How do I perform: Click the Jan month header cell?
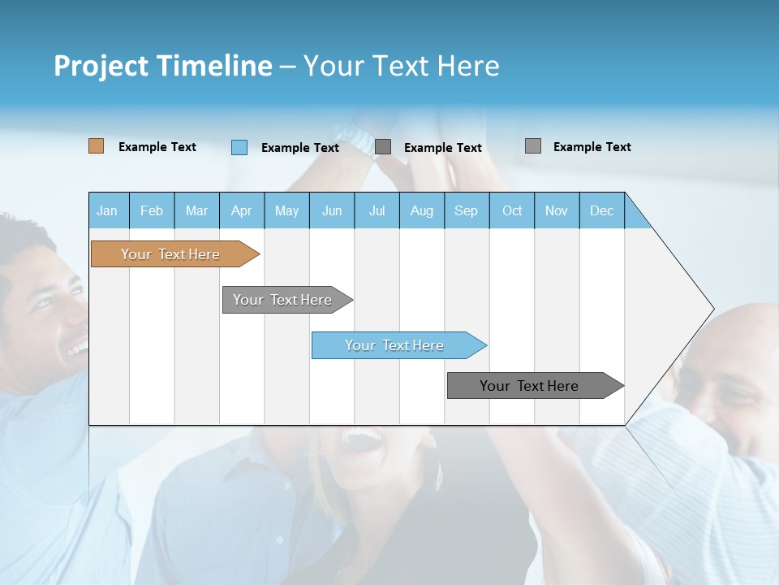point(108,210)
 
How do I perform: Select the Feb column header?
point(152,210)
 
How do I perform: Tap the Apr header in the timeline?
point(242,210)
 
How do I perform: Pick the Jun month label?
point(332,210)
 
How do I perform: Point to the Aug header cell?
point(422,210)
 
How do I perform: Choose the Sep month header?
point(467,210)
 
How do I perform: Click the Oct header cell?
point(512,210)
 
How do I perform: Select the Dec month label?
point(602,210)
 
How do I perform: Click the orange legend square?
point(97,146)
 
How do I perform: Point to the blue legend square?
point(239,147)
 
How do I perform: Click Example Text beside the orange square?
point(157,147)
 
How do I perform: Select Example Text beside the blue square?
point(300,148)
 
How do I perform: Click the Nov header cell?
point(557,210)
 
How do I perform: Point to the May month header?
point(286,210)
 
